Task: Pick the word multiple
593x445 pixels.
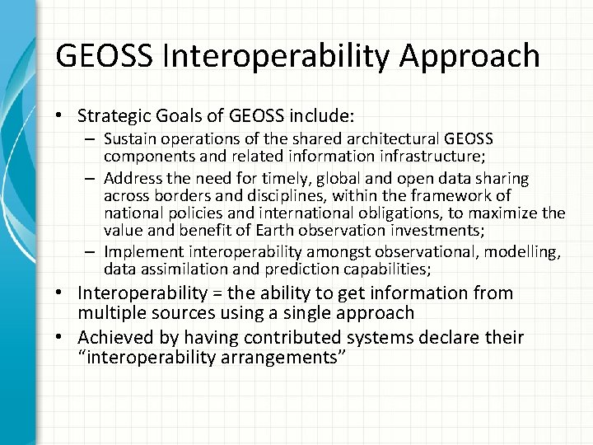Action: click(x=108, y=313)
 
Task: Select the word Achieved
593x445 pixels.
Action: click(x=111, y=339)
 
